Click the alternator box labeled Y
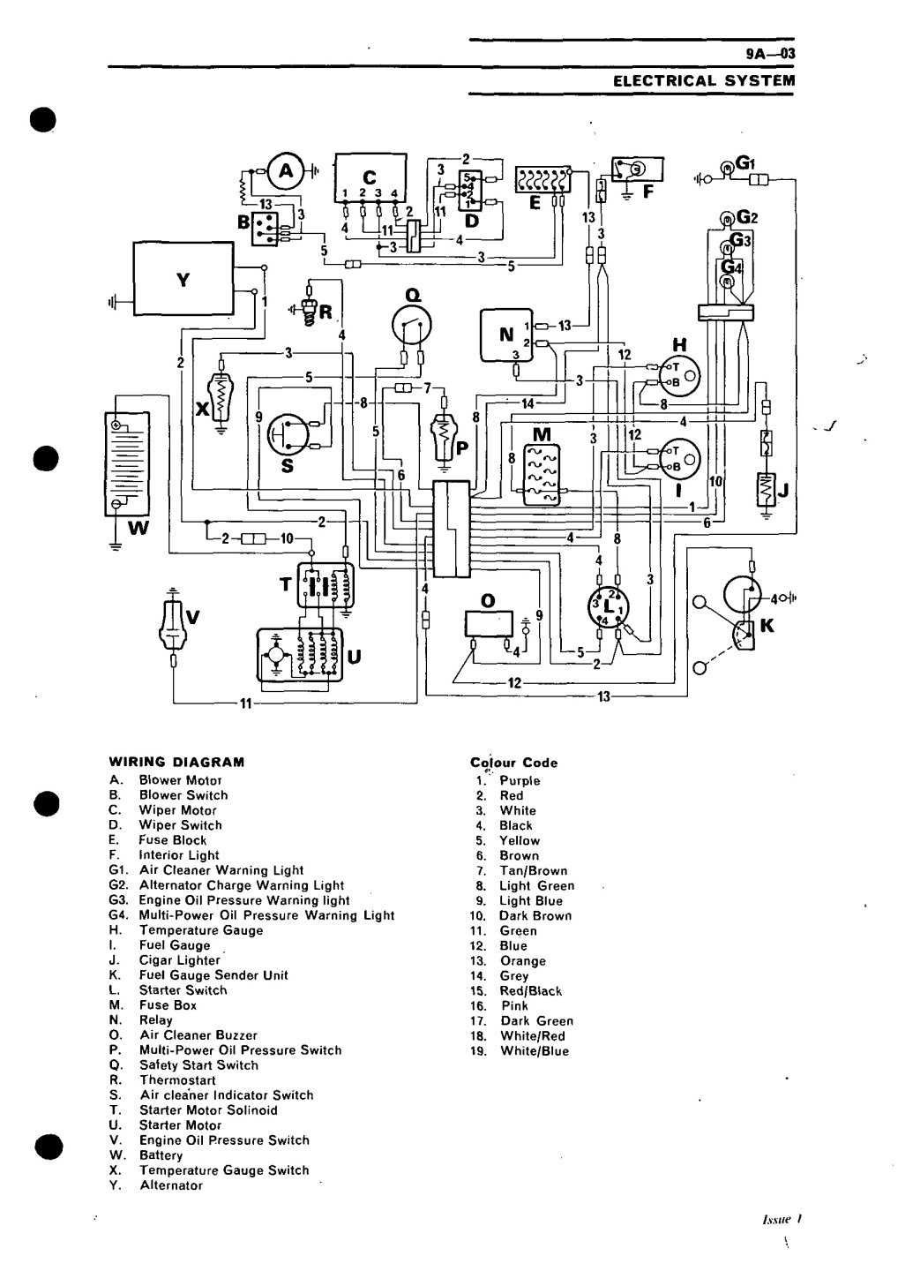[183, 278]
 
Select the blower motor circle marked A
[285, 172]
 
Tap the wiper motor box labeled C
[370, 177]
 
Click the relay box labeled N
[506, 336]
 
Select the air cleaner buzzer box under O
[488, 623]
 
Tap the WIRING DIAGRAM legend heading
[176, 762]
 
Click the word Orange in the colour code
[522, 960]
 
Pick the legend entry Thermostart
[176, 1079]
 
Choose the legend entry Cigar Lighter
[179, 960]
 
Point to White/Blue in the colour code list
[534, 1050]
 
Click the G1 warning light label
[745, 163]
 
